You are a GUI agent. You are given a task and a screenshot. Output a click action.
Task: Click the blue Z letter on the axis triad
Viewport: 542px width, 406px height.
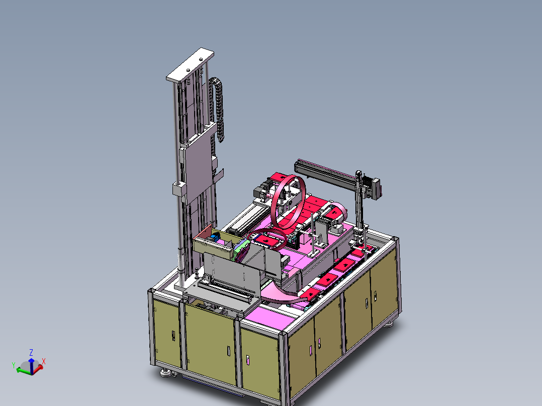click(31, 352)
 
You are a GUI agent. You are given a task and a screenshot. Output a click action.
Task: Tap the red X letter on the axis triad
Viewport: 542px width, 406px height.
click(44, 361)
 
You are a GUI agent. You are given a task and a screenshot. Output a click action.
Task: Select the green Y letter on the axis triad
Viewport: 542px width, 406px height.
click(14, 365)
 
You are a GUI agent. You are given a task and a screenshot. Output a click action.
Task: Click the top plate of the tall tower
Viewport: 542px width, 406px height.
click(190, 65)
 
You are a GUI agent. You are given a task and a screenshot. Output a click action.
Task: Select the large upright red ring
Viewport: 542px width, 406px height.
click(288, 202)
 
